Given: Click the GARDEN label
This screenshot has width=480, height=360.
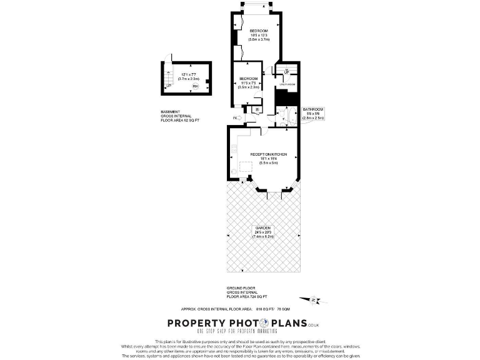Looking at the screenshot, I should click(x=262, y=227).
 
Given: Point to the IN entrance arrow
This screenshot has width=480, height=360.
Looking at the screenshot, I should click(x=237, y=117).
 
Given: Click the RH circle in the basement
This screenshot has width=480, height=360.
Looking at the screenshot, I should click(x=196, y=86).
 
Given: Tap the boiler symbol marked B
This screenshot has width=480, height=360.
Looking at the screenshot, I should click(x=257, y=110).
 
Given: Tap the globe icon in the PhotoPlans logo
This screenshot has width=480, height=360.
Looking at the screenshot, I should click(x=265, y=323).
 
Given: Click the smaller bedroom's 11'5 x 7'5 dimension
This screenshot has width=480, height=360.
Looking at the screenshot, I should click(x=248, y=82).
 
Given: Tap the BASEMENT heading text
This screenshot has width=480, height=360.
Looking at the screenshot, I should click(x=171, y=111).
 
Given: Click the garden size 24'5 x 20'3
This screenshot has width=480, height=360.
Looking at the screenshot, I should click(x=262, y=232).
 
